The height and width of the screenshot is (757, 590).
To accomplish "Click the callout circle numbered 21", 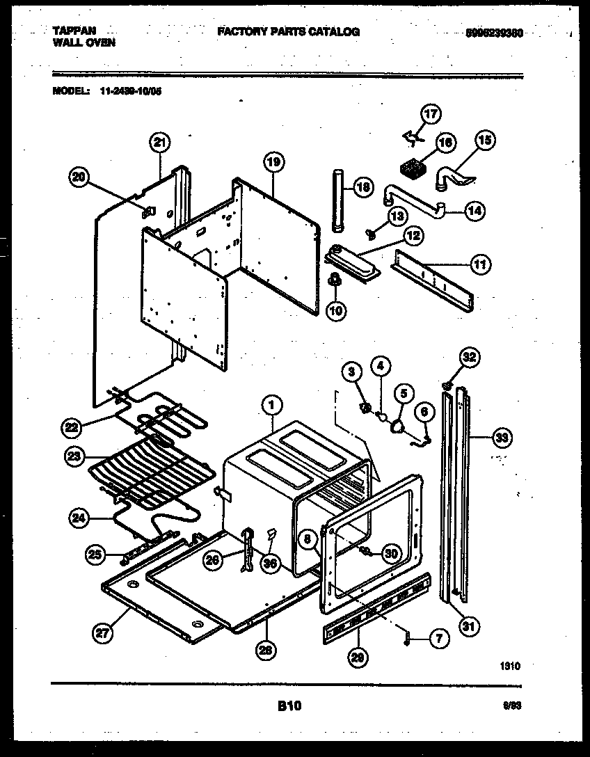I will [x=161, y=143].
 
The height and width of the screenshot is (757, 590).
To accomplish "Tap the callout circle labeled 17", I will [x=431, y=113].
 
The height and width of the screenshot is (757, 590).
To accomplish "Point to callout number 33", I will [x=500, y=438].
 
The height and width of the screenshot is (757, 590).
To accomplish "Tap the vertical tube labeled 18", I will [x=338, y=202].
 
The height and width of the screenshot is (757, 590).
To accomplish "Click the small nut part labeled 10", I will [x=335, y=280].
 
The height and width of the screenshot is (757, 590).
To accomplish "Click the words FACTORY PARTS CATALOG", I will [x=288, y=32].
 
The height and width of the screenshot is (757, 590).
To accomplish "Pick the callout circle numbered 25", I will [x=96, y=555].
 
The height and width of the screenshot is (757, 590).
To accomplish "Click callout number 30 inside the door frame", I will [x=392, y=554].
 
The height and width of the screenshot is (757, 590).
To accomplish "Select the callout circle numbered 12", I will [x=413, y=237].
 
